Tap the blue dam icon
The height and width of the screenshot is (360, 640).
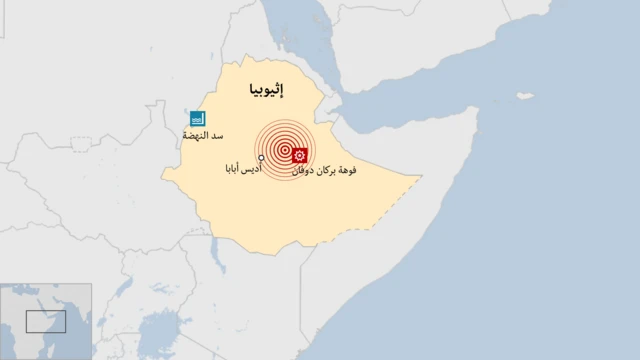click(197, 118)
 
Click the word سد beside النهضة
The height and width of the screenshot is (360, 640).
click(217, 135)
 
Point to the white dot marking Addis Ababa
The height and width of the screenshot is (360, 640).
click(261, 158)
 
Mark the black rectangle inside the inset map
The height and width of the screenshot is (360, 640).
click(46, 321)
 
